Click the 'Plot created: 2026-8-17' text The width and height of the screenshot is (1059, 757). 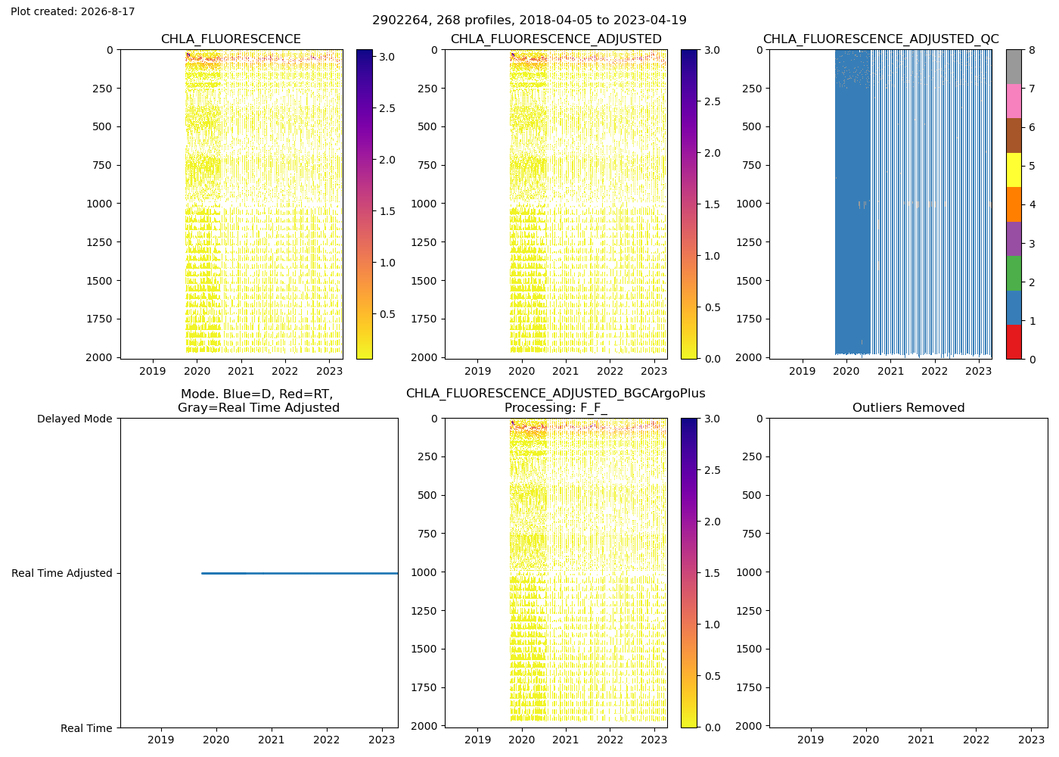coord(73,11)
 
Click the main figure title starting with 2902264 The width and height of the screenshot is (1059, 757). coord(529,20)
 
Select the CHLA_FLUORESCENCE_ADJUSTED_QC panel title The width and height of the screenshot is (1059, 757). coord(880,39)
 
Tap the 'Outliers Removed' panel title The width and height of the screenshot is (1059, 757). coord(908,407)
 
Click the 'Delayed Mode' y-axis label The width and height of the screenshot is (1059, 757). coord(75,419)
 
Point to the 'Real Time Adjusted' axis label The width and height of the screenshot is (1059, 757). coord(62,573)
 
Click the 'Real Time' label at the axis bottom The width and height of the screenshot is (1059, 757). coord(86,728)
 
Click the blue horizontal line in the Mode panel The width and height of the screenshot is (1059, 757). coord(300,574)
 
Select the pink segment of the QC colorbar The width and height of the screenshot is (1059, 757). coord(1014,101)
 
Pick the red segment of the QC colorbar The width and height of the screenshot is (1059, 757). coord(1014,341)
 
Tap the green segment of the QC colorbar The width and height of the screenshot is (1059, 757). coord(1014,273)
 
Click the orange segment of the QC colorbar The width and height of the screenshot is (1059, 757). coord(1014,204)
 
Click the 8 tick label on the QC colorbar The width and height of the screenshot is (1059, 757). coord(1032,50)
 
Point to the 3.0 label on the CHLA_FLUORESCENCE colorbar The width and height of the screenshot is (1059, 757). coord(387,57)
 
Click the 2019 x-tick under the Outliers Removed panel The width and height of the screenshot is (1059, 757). coord(811,740)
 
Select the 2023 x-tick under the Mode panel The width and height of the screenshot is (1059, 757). coord(381,740)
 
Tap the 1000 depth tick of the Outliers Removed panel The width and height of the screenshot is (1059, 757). coord(750,572)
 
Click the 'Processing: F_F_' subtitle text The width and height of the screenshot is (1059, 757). coord(555,408)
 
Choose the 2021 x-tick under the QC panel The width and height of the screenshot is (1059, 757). coord(890,371)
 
